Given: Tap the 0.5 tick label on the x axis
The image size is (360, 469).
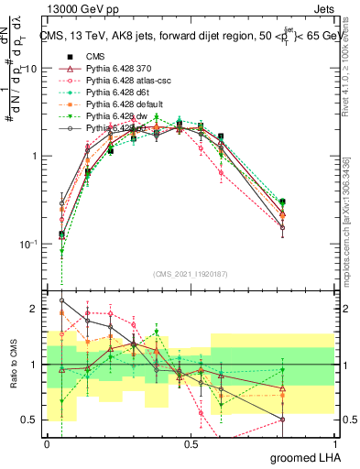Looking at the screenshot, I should [x=191, y=444].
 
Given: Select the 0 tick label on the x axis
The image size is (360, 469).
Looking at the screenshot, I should [x=47, y=444].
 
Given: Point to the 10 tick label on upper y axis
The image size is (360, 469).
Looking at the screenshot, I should [x=30, y=69].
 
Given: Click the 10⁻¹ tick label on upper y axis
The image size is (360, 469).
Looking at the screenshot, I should [x=27, y=245].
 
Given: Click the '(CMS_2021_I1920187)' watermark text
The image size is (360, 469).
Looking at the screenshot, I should [x=190, y=273].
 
